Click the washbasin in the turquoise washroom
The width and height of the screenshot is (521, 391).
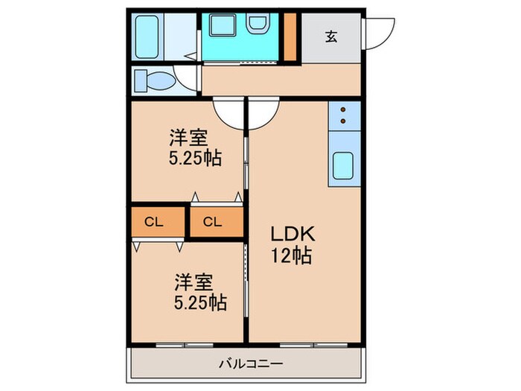[x=258, y=25]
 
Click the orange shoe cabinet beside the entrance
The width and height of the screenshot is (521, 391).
[x=292, y=36]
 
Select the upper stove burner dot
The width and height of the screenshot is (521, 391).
[x=343, y=109]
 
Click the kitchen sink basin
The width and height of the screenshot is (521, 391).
[x=343, y=165]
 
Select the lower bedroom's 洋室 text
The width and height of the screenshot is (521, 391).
[x=195, y=282]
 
